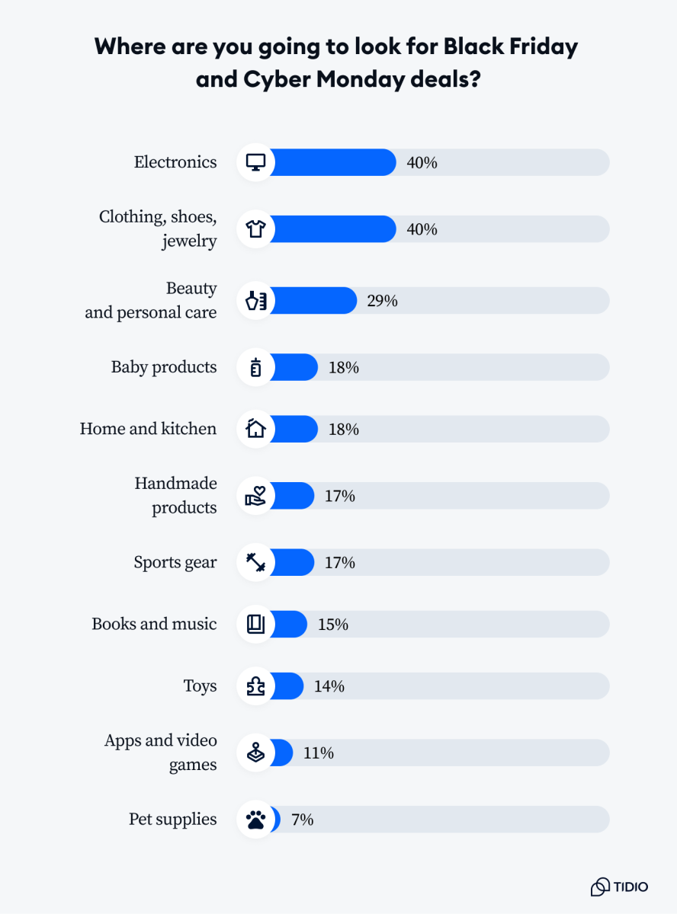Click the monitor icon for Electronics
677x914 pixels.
[x=255, y=162]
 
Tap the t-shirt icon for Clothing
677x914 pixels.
[x=255, y=229]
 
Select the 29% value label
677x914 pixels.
[x=382, y=301]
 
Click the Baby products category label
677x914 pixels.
[x=164, y=367]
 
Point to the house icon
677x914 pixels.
[x=255, y=429]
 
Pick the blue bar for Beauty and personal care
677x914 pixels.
[x=313, y=301]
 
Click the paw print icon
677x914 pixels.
[x=255, y=820]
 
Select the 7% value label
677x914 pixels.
[x=302, y=820]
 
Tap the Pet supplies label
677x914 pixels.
[x=172, y=820]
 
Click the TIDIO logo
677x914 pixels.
[x=619, y=887]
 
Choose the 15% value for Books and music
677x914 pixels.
[x=332, y=625]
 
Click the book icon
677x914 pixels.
[x=255, y=625]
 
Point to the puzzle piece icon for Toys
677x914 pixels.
[x=255, y=686]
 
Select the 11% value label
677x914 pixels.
[x=318, y=753]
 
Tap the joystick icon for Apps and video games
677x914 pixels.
[x=255, y=753]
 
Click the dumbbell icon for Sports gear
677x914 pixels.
[x=255, y=563]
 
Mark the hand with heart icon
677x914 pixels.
[x=255, y=496]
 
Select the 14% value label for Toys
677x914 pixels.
[x=329, y=686]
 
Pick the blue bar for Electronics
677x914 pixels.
[x=332, y=162]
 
